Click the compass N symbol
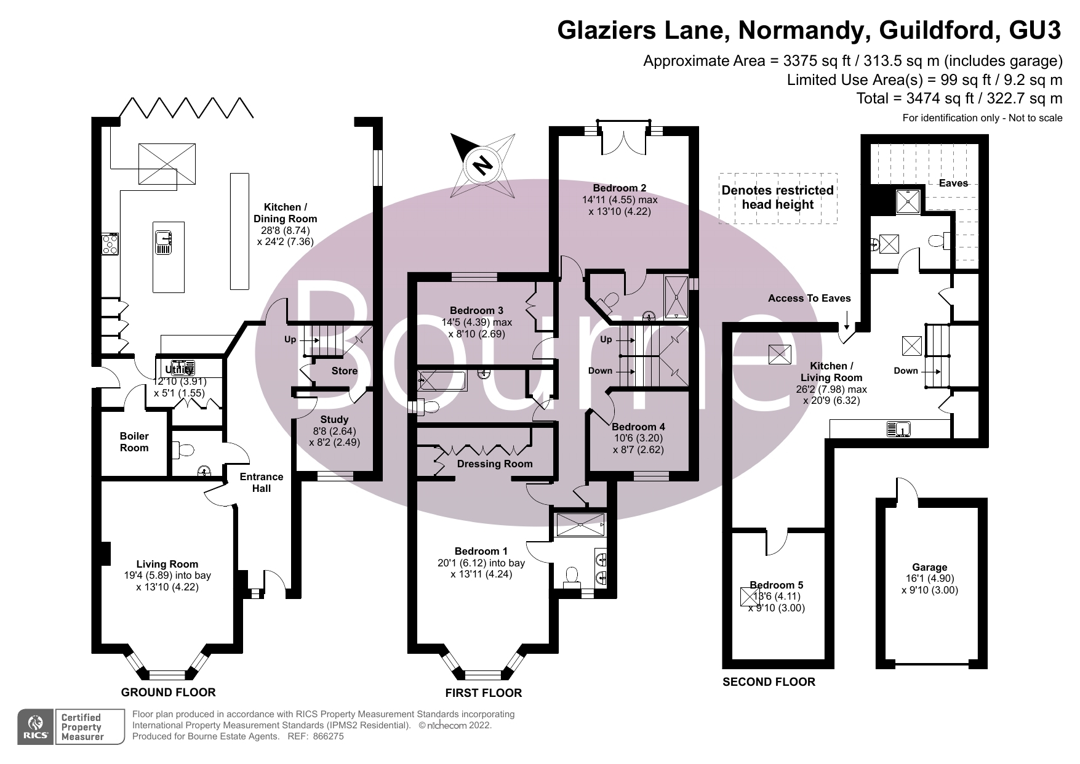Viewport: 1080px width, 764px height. pyautogui.click(x=484, y=165)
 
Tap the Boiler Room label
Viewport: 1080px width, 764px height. pyautogui.click(x=134, y=442)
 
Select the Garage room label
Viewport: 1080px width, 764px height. pyautogui.click(x=929, y=567)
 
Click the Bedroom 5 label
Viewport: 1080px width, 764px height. pyautogui.click(x=776, y=585)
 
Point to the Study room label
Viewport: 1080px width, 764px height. pyautogui.click(x=334, y=419)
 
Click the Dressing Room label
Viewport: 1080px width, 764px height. pyautogui.click(x=495, y=464)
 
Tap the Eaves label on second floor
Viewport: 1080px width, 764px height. pyautogui.click(x=953, y=183)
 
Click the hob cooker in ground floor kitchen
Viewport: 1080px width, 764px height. pyautogui.click(x=110, y=244)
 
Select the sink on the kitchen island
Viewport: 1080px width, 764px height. pyautogui.click(x=164, y=242)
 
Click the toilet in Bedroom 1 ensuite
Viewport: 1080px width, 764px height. pyautogui.click(x=572, y=576)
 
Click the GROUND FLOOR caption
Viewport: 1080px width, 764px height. pyautogui.click(x=168, y=692)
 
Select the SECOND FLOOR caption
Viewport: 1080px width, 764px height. pyautogui.click(x=769, y=682)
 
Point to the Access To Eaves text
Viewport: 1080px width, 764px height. pyautogui.click(x=809, y=298)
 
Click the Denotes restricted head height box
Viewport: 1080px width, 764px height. pyautogui.click(x=777, y=198)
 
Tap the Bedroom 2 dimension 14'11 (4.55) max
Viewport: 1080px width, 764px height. pyautogui.click(x=620, y=199)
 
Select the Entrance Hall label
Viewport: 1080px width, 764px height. pyautogui.click(x=262, y=482)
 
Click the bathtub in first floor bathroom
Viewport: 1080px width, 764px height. pyautogui.click(x=441, y=380)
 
